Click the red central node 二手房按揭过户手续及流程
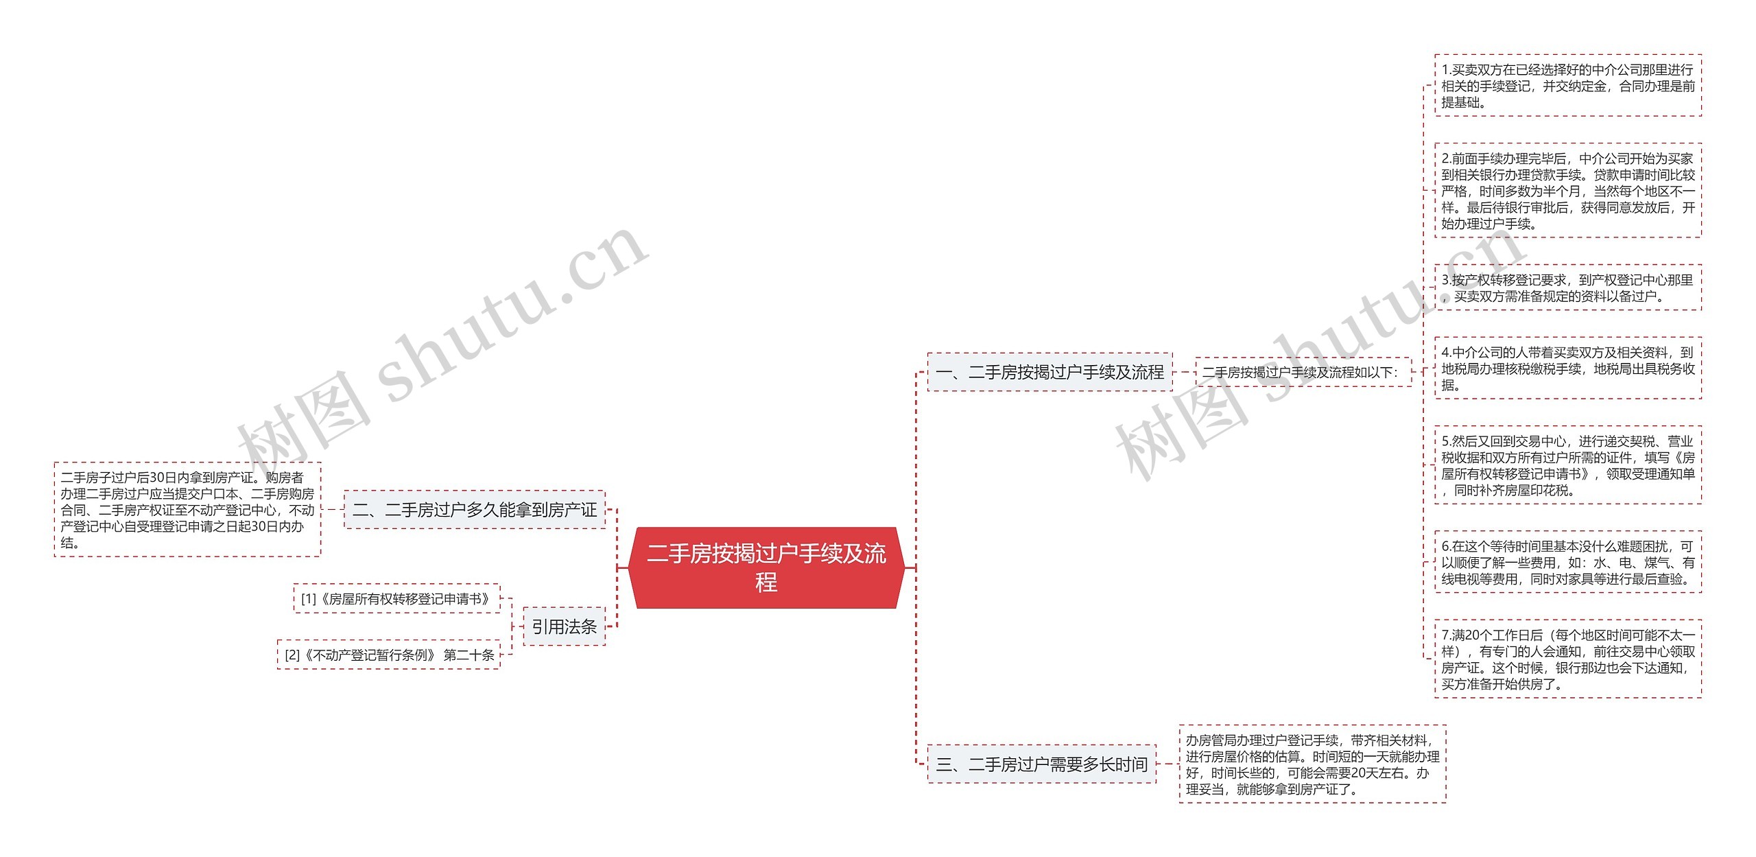point(766,567)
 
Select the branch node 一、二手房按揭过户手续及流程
point(1049,372)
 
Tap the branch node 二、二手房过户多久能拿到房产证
point(475,510)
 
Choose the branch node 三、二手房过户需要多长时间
point(1041,764)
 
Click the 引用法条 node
point(565,626)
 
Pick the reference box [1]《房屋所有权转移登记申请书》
point(396,598)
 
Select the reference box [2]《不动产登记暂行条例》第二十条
point(389,655)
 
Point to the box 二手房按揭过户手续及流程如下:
point(1303,372)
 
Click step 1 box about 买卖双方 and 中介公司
point(1568,86)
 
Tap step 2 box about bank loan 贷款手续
point(1568,191)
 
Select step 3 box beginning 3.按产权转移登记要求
point(1568,287)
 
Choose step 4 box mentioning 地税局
point(1568,368)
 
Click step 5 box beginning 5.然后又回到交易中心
point(1568,465)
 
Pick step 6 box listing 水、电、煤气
point(1568,562)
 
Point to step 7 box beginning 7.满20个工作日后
point(1568,659)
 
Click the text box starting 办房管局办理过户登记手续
point(1313,764)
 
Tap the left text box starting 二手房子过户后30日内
point(187,510)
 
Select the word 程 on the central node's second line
point(766,583)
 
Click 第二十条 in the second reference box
point(469,655)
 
